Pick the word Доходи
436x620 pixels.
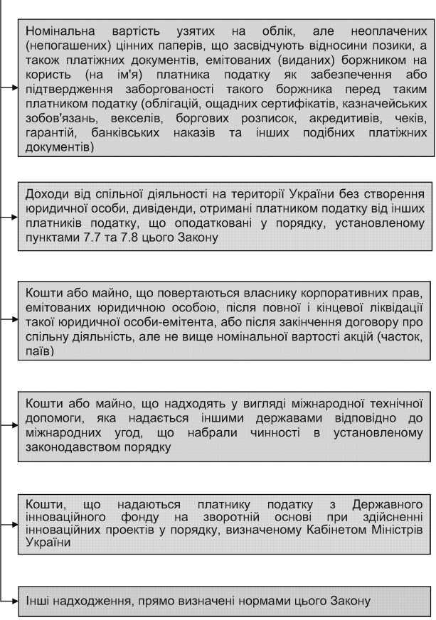click(x=45, y=193)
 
